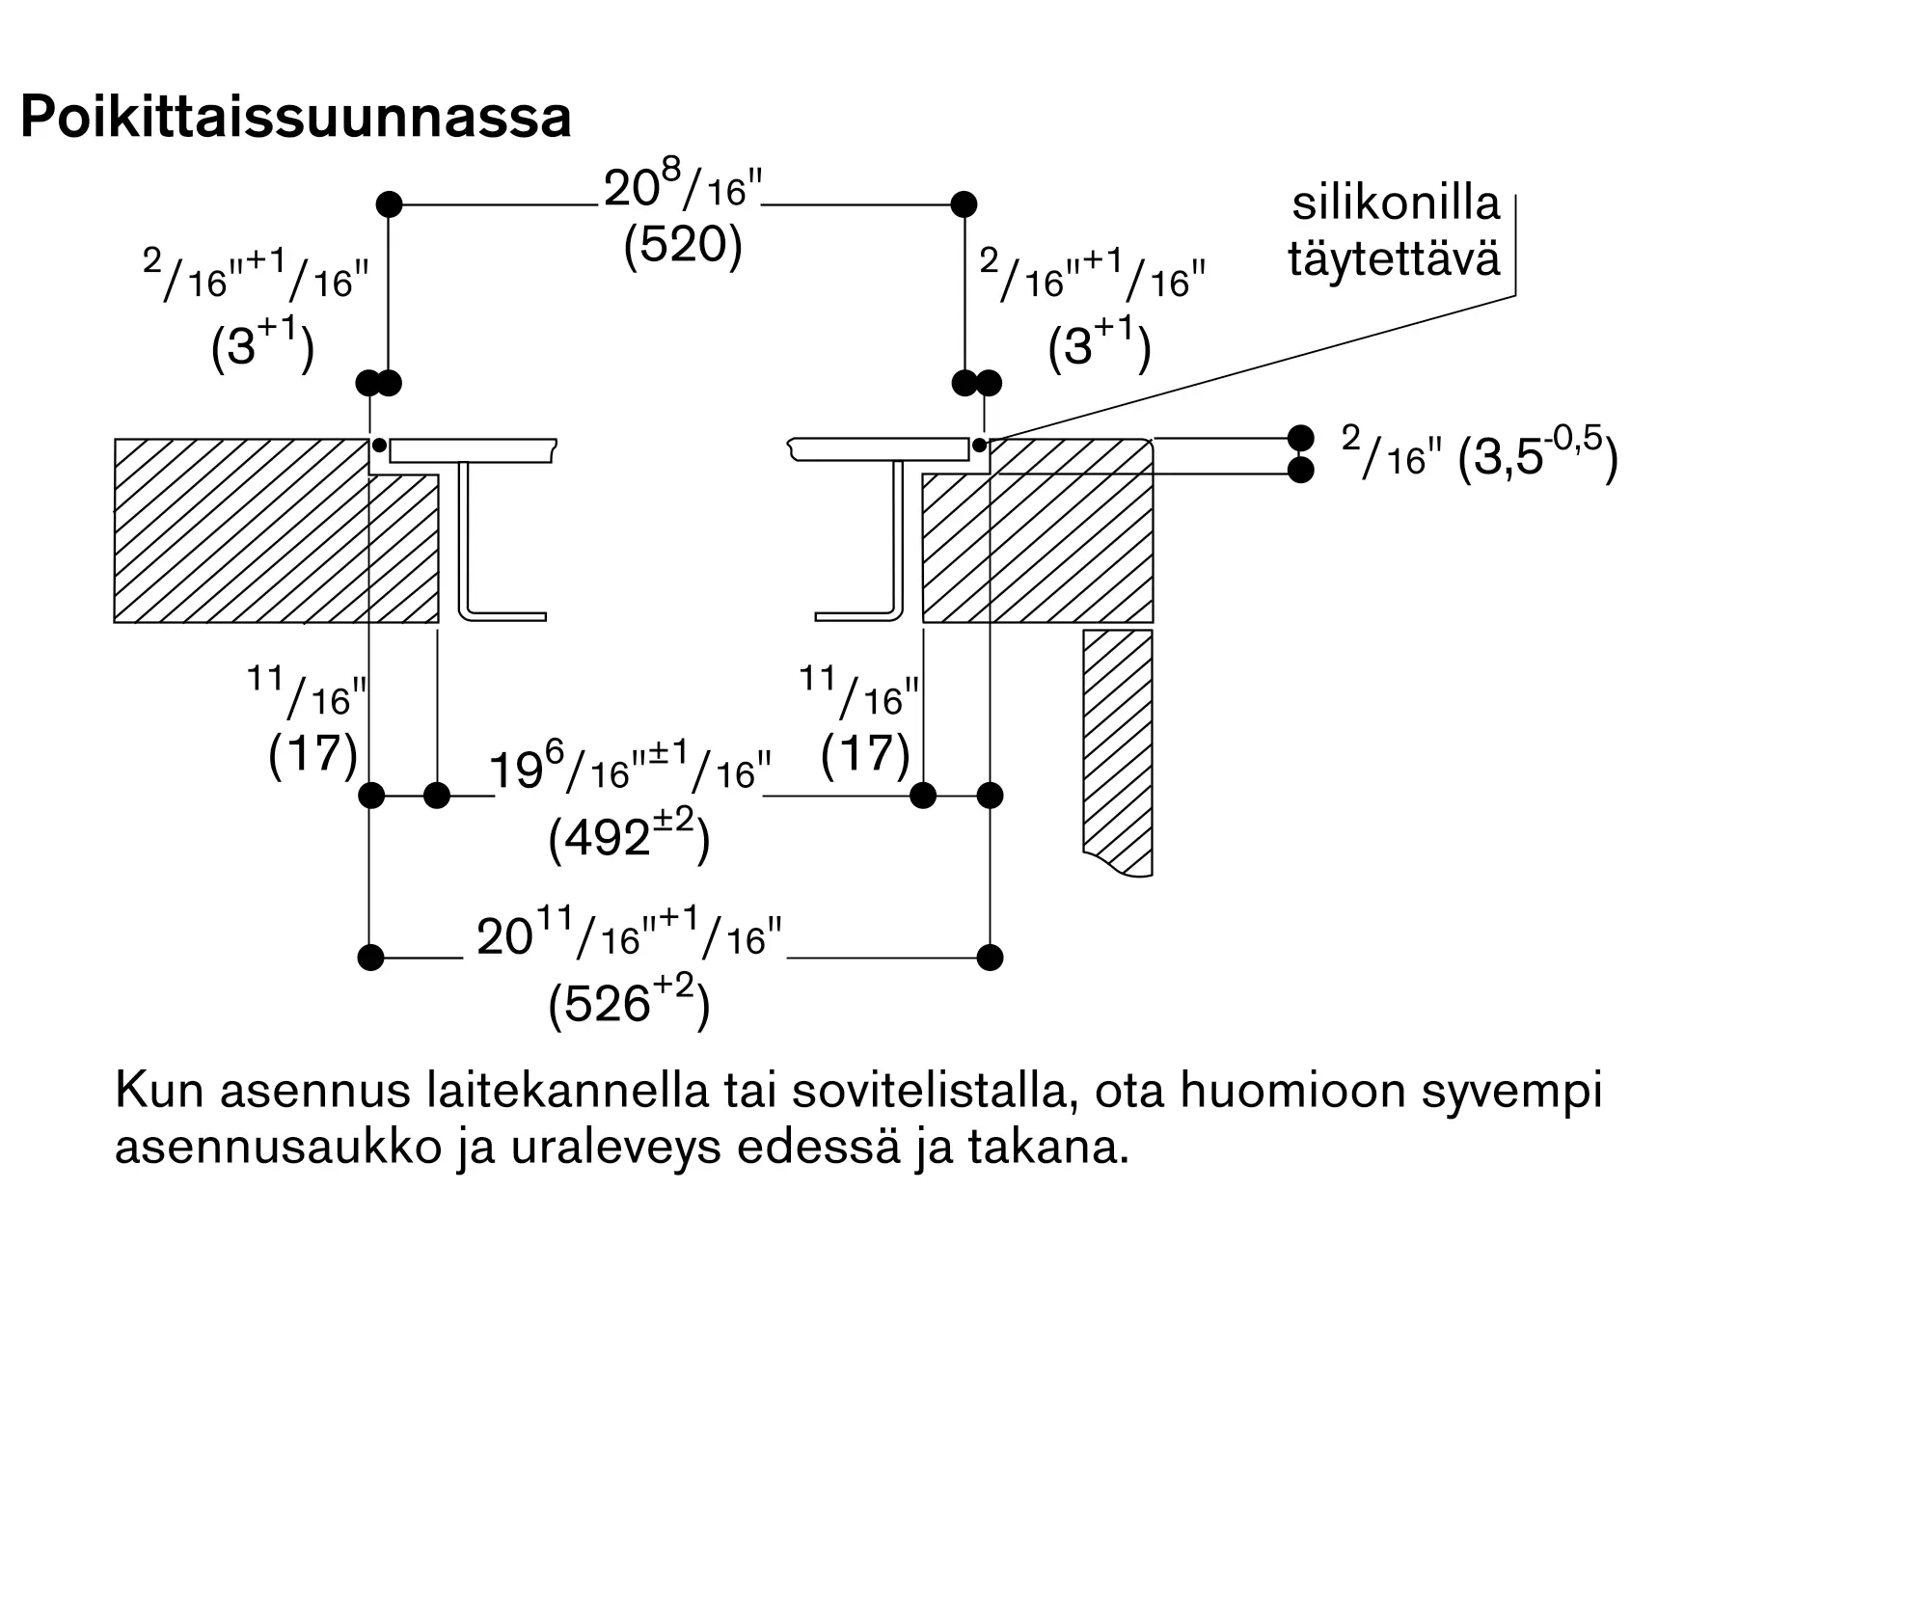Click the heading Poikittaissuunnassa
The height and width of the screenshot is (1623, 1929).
(296, 118)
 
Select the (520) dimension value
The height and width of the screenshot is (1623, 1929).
(683, 245)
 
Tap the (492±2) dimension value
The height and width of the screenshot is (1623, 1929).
(629, 837)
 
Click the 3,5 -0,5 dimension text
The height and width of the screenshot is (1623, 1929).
(1537, 456)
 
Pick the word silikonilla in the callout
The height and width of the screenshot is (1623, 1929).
(1397, 203)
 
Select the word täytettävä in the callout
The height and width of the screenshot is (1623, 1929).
(1395, 258)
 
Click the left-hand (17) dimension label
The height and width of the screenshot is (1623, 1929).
(313, 753)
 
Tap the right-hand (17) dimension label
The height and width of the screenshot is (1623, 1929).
(866, 753)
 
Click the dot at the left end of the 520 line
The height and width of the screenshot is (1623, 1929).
(389, 204)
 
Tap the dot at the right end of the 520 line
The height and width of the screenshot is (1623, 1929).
(964, 204)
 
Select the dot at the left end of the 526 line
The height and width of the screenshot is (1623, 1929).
(370, 958)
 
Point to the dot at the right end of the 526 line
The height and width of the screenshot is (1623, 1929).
(990, 958)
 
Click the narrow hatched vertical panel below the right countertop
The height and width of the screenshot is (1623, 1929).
(1118, 752)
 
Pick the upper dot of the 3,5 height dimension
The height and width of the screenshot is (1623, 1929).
(1300, 438)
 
